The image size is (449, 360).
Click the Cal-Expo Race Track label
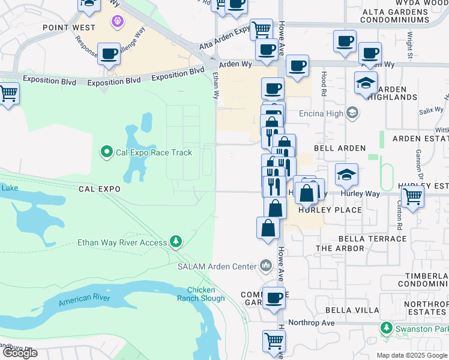point(154,152)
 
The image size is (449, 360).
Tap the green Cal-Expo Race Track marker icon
point(107,152)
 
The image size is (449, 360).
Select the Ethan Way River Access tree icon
point(176,242)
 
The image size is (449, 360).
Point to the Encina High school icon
point(352,112)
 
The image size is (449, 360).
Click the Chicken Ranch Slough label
point(201,294)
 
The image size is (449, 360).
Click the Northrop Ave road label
point(311,323)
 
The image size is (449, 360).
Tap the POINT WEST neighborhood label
point(68,28)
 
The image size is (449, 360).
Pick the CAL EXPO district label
point(100,188)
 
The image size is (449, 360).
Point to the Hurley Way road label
point(360,194)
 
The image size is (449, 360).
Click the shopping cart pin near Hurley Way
point(412,196)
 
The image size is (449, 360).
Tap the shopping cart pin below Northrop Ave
point(274,341)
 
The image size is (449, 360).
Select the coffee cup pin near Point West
point(109,53)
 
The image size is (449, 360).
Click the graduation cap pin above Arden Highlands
point(366,83)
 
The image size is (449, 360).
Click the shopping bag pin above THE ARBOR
point(268,228)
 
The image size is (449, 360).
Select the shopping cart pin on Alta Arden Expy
point(261,29)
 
